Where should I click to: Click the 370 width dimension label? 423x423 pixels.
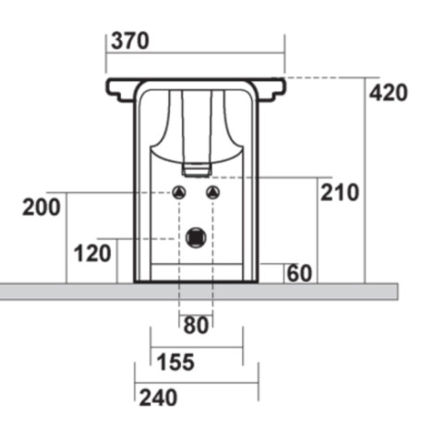130,41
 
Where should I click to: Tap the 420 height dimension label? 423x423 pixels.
389,93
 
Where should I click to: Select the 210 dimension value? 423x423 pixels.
340,192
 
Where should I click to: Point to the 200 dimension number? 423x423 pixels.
42,207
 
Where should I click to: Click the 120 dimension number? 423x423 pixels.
92,253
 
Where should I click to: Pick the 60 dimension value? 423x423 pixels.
299,273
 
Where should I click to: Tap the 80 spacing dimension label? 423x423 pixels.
196,325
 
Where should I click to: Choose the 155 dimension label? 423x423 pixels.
175,362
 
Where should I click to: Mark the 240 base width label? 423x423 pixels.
158,398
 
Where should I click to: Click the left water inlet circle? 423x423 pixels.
179,193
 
